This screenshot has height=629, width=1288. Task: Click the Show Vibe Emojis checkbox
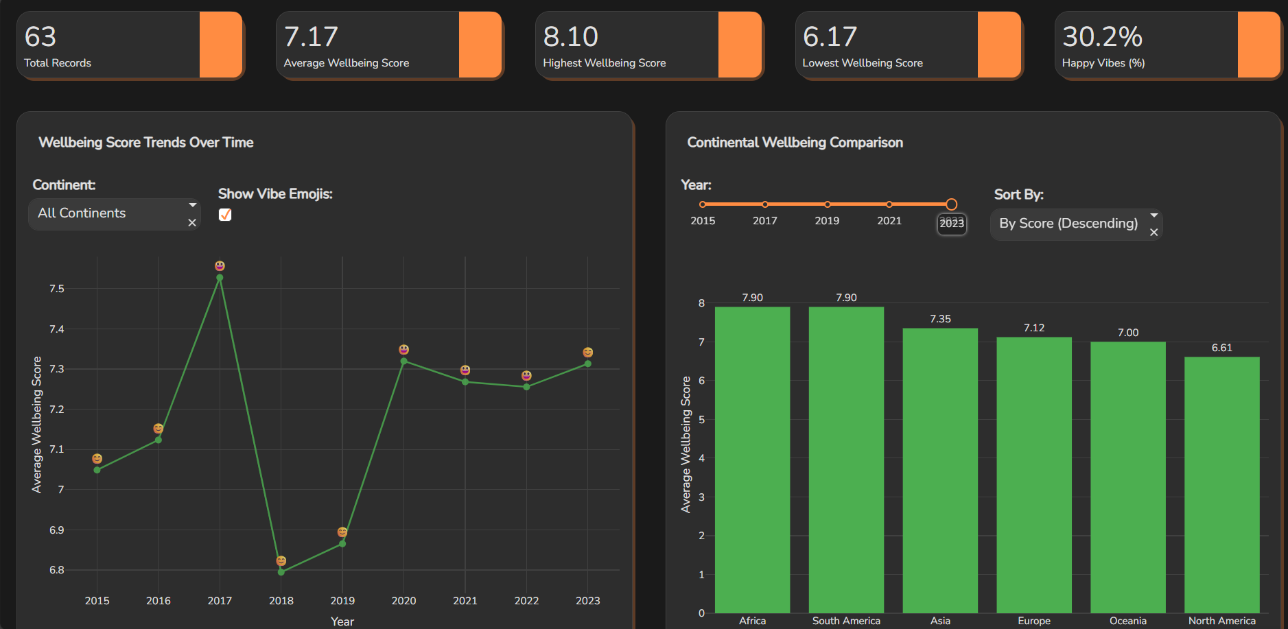(x=225, y=215)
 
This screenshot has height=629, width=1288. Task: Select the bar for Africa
(x=752, y=460)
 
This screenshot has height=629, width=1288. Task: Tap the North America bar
(x=1221, y=484)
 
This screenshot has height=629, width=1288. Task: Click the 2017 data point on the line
(x=220, y=278)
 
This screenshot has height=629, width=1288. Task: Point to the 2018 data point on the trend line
(x=281, y=571)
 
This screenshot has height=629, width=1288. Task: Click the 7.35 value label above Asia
(x=940, y=319)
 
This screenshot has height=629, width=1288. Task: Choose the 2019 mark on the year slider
(x=827, y=204)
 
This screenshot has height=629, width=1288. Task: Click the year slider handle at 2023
(x=951, y=204)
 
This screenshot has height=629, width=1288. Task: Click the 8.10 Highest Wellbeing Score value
(x=571, y=37)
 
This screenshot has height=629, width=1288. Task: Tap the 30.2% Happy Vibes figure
(x=1102, y=37)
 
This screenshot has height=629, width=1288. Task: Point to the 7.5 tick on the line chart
(x=57, y=289)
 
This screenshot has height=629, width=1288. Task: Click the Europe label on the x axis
(x=1034, y=621)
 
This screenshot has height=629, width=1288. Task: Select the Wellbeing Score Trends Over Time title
(x=146, y=143)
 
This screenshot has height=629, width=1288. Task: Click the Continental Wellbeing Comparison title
(x=795, y=143)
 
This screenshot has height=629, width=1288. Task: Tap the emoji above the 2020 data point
(x=404, y=350)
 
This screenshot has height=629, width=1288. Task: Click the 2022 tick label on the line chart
(x=526, y=601)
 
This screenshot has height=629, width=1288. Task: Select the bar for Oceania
(x=1127, y=477)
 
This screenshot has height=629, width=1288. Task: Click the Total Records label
(x=58, y=63)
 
